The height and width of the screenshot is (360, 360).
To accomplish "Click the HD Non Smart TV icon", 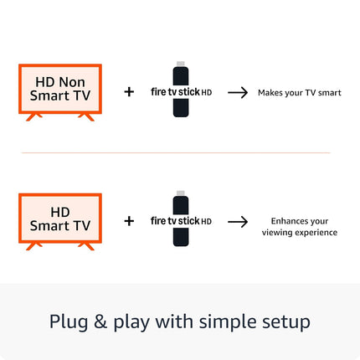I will (59, 90).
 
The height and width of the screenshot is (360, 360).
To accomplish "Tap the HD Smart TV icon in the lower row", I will (59, 219).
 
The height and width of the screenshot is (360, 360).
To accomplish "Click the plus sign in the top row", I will (129, 91).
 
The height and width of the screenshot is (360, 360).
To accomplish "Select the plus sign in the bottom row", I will (129, 221).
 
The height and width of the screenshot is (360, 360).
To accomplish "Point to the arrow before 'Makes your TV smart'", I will (239, 92).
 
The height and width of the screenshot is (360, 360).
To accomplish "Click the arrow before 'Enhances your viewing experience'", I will (239, 222).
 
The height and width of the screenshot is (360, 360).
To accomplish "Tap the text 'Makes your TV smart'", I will (299, 92).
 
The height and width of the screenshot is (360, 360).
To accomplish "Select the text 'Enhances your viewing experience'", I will (299, 227).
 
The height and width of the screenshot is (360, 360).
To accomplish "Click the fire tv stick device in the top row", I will (180, 91).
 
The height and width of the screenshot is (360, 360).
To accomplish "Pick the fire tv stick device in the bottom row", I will (180, 221).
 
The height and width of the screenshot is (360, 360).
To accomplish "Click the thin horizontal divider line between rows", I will (176, 152).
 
